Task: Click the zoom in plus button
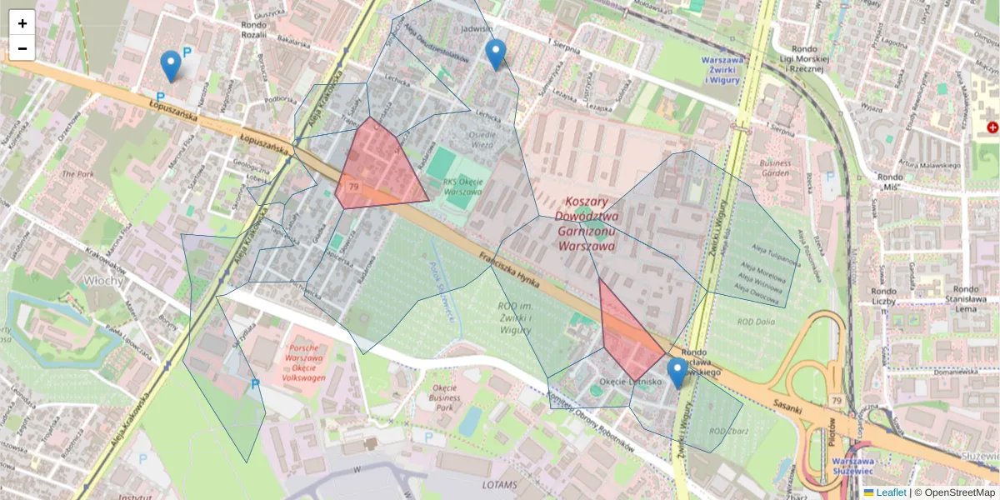coord(22,23)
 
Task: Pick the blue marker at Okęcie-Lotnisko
coord(677,372)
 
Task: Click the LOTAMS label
coord(499,484)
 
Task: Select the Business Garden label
coord(775,168)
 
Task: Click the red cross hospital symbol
coord(992,127)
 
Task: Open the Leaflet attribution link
coord(890,492)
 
